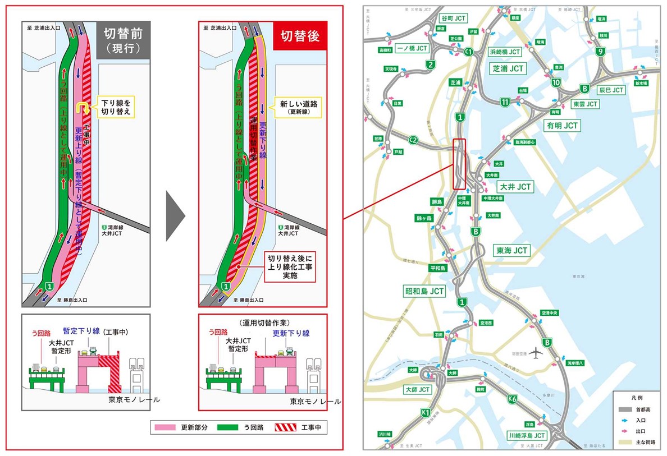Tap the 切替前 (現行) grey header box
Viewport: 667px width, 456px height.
(122, 39)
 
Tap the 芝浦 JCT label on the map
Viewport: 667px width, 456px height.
(508, 68)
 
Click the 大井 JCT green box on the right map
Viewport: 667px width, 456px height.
(515, 186)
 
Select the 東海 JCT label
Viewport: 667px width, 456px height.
(511, 250)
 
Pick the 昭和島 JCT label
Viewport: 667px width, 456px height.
(424, 291)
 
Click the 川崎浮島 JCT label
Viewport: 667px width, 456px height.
(526, 435)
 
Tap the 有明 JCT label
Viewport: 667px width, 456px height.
(563, 126)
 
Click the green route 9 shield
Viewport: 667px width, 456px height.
(600, 52)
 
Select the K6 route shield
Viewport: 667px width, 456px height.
(511, 399)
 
